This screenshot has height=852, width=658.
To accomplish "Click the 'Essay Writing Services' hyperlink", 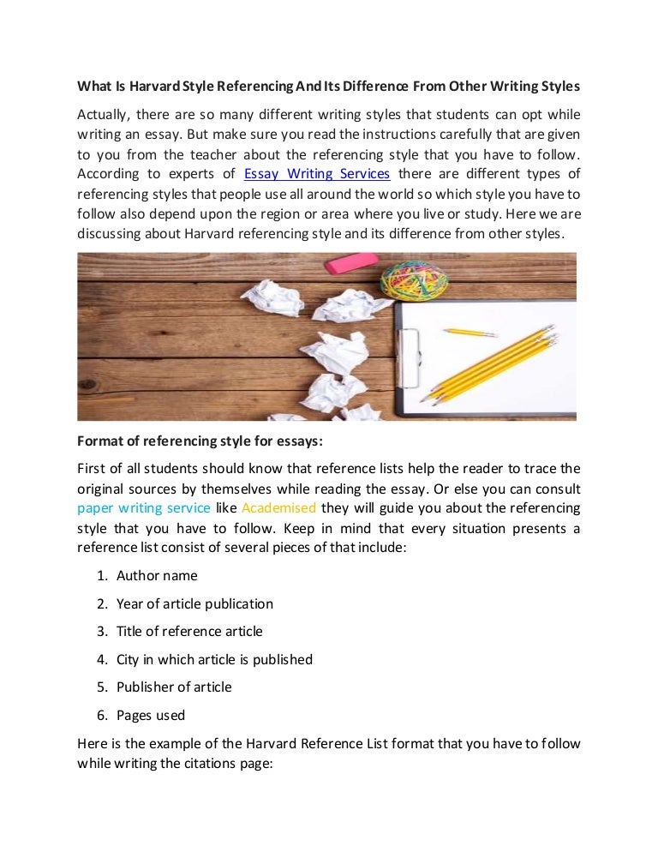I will click(x=317, y=174).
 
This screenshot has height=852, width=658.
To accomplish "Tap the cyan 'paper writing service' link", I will click(x=144, y=507).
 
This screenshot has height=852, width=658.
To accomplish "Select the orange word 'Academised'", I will click(x=278, y=507).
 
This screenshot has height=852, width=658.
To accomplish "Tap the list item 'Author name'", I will click(x=157, y=576).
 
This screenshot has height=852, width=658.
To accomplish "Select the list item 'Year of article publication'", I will click(x=194, y=603).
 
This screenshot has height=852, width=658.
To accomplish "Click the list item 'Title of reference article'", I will click(x=189, y=631).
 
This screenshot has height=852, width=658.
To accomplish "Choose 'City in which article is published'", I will click(x=214, y=659).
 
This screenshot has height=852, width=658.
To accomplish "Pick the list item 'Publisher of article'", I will click(x=174, y=687).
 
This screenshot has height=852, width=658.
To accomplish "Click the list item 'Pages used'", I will click(x=151, y=714).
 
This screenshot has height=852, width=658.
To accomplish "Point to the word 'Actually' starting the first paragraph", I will click(x=101, y=115).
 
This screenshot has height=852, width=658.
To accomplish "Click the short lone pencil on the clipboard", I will click(x=470, y=332).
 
